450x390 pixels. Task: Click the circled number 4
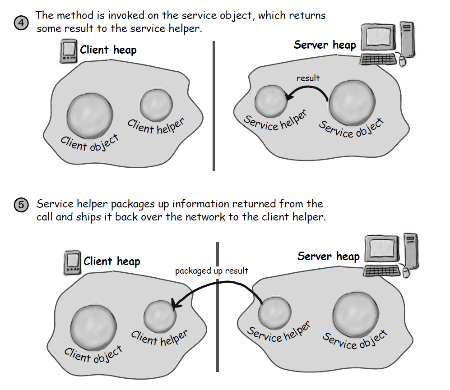(22, 23)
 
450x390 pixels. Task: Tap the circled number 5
(22, 205)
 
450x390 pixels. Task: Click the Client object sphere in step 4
(90, 115)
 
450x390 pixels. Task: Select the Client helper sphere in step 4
(156, 105)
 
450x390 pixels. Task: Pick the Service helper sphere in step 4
(271, 101)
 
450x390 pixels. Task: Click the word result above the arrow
(308, 78)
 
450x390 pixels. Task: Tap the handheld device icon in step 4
(68, 51)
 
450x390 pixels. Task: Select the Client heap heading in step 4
(108, 50)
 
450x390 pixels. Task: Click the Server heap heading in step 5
(328, 257)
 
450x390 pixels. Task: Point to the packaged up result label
(212, 271)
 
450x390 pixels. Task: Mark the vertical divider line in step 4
(213, 106)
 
